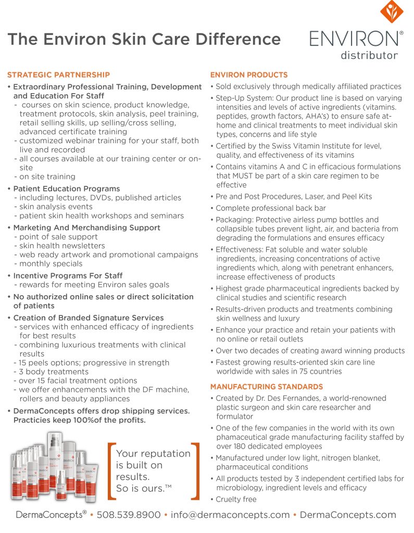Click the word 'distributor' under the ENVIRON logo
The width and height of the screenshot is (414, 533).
pyautogui.click(x=369, y=55)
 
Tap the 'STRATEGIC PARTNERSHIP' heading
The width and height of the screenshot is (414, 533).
pyautogui.click(x=58, y=75)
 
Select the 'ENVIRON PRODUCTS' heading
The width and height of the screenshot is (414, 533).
pyautogui.click(x=249, y=75)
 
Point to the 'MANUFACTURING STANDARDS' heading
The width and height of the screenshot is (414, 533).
pyautogui.click(x=266, y=387)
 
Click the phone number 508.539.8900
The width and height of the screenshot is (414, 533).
pyautogui.click(x=129, y=515)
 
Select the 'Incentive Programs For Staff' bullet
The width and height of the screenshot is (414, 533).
pyautogui.click(x=68, y=276)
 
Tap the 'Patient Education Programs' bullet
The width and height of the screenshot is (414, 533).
pyautogui.click(x=66, y=189)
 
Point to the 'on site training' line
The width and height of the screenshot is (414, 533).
pyautogui.click(x=47, y=177)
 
